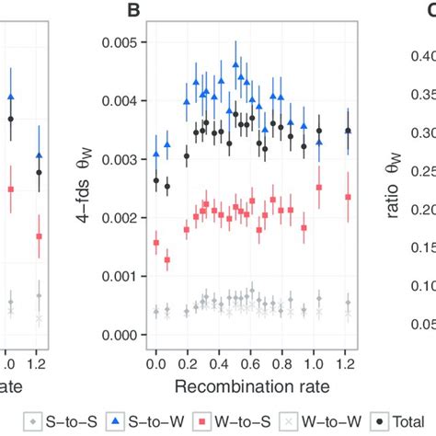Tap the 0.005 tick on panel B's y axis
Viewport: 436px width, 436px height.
click(x=122, y=43)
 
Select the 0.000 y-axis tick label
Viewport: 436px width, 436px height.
click(x=122, y=336)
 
